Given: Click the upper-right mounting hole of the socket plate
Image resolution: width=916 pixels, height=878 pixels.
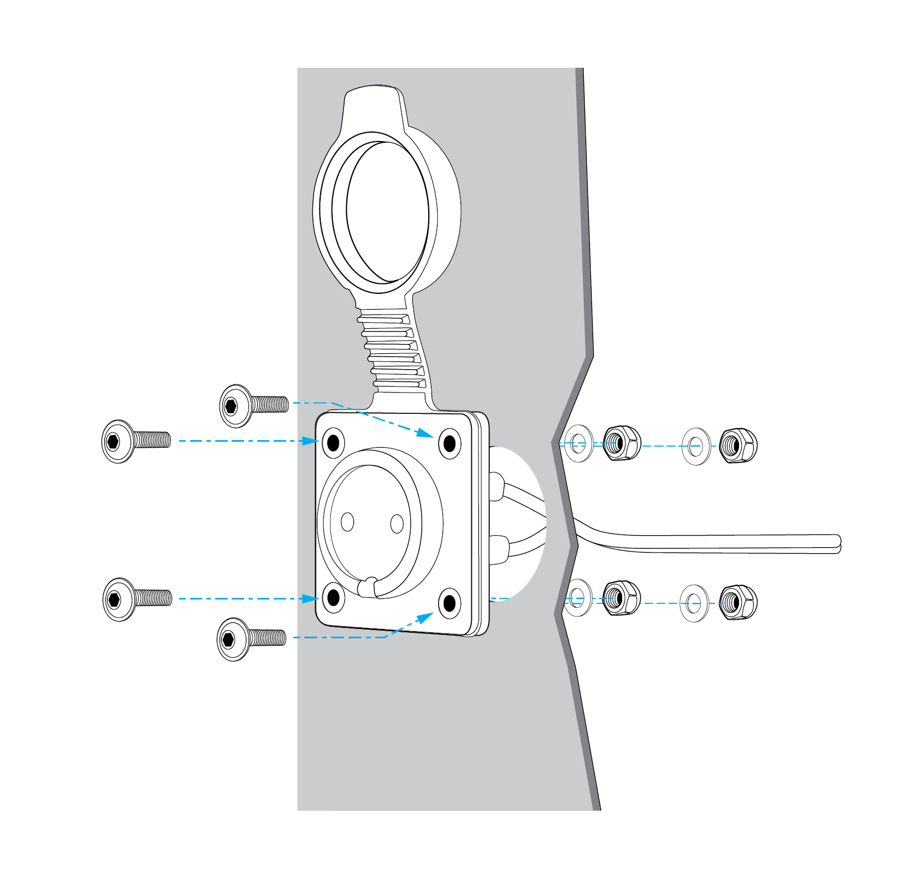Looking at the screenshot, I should pyautogui.click(x=450, y=443).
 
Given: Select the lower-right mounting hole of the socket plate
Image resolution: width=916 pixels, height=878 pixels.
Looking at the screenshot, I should pyautogui.click(x=450, y=603).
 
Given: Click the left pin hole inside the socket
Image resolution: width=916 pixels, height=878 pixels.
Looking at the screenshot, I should pyautogui.click(x=347, y=521).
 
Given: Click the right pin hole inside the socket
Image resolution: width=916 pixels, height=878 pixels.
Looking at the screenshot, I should pyautogui.click(x=397, y=524).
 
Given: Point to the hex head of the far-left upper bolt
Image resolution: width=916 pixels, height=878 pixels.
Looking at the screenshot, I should pyautogui.click(x=114, y=441).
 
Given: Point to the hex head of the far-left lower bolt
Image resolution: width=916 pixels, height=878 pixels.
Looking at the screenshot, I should pyautogui.click(x=114, y=600).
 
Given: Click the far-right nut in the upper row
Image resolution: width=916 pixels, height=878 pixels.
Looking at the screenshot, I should pyautogui.click(x=738, y=446).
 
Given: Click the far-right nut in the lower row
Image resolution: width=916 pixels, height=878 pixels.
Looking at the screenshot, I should pyautogui.click(x=737, y=603).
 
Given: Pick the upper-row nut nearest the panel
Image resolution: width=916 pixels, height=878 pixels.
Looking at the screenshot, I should pyautogui.click(x=622, y=443).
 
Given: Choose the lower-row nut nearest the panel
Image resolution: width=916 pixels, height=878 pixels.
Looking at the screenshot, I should pyautogui.click(x=622, y=597).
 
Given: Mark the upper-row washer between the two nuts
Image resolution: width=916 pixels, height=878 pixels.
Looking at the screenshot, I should pyautogui.click(x=696, y=446).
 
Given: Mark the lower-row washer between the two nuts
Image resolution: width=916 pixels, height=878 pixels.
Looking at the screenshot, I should pyautogui.click(x=694, y=603).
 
